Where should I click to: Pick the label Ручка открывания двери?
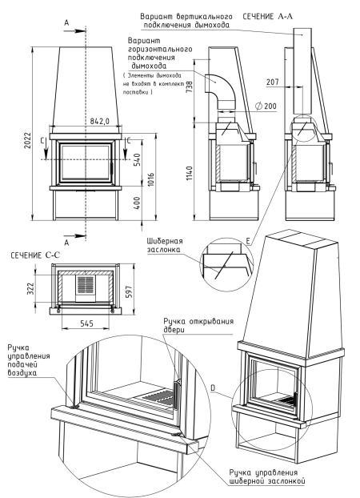click(195, 327)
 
